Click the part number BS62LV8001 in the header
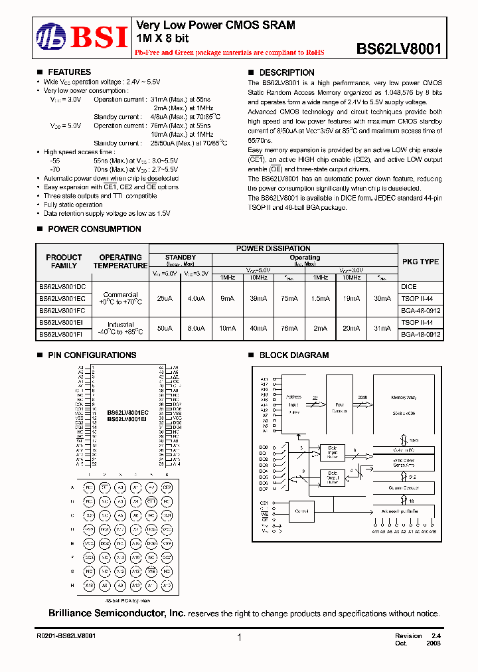coord(398,48)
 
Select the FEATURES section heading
coord(69,72)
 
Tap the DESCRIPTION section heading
coord(286,72)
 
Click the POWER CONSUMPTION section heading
coord(94,229)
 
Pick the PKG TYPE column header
coord(420,262)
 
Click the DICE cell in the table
coord(409,286)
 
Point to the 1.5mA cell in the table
coord(320,299)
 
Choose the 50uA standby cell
coord(164,328)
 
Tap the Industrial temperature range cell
coord(120,328)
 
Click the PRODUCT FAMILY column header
coord(64,262)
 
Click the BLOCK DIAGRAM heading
coord(293,355)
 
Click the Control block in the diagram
coord(302,511)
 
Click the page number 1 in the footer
coord(239,638)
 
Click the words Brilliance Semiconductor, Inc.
coord(117,614)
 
